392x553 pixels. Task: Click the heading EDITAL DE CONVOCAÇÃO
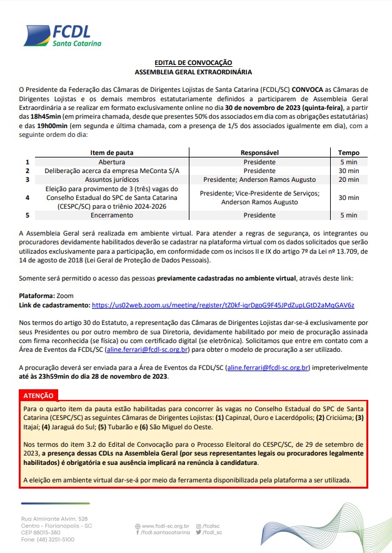pos(193,63)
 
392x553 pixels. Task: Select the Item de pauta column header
pos(112,152)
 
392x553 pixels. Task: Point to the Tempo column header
pos(348,152)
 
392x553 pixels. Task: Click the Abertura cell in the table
pos(112,162)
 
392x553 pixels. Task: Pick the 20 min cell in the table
pos(348,179)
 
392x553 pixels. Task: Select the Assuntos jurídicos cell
pos(112,179)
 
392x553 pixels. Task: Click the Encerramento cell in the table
pos(112,215)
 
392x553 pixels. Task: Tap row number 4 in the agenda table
pos(27,197)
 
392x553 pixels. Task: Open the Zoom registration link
pos(223,305)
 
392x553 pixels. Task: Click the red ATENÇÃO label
pos(38,395)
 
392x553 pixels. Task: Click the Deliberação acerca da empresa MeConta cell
pos(112,171)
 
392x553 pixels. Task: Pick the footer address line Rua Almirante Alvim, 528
pos(54,519)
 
